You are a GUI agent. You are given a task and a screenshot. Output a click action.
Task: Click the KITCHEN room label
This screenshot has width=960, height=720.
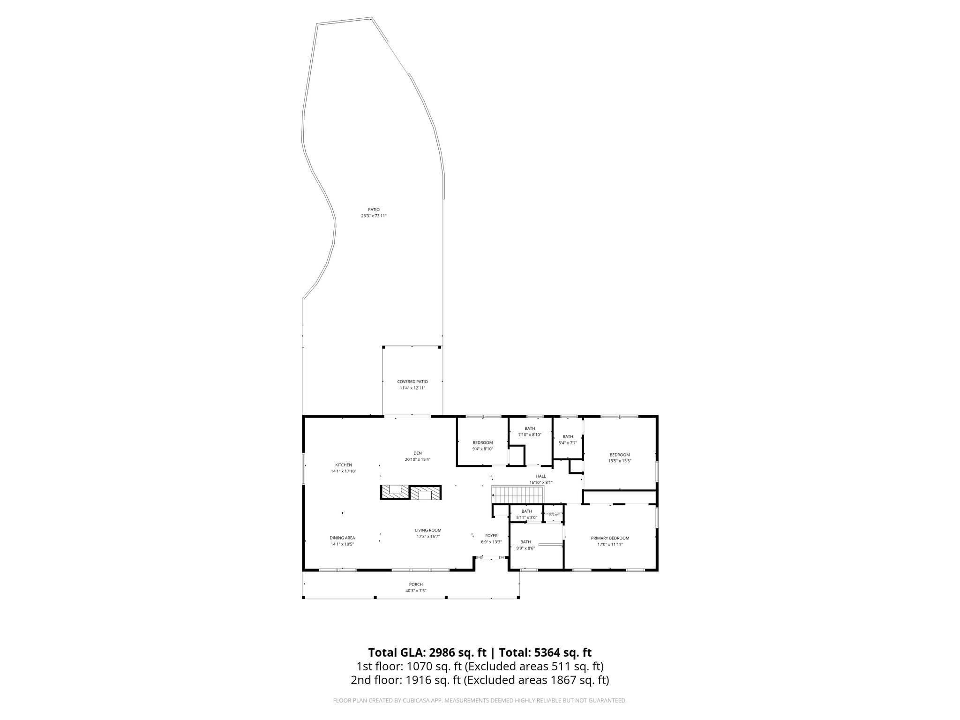(x=343, y=465)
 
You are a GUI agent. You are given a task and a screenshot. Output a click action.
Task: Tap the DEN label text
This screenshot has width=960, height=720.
(x=417, y=453)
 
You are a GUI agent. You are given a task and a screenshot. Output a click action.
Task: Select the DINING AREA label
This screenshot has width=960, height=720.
(x=342, y=538)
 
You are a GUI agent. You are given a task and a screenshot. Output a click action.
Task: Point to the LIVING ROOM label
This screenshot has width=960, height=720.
(x=428, y=530)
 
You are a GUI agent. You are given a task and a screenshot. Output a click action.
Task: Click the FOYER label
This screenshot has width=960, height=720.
(x=491, y=536)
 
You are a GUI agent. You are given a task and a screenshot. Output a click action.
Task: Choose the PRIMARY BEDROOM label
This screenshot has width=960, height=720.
(x=610, y=538)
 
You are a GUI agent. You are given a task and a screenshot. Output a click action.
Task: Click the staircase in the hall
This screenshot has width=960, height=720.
(x=517, y=495)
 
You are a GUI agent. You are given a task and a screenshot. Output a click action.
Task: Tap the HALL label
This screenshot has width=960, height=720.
(x=541, y=476)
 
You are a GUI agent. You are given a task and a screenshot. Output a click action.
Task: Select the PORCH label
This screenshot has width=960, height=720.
(x=416, y=584)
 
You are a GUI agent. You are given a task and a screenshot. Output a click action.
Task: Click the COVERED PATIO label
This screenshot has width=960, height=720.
(x=412, y=382)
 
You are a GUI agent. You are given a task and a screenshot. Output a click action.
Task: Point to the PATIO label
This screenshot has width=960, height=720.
(x=374, y=210)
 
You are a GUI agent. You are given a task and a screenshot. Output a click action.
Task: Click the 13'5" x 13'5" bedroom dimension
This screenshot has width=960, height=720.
(x=620, y=461)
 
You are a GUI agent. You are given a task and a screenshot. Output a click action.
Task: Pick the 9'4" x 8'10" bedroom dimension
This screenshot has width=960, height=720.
(x=482, y=449)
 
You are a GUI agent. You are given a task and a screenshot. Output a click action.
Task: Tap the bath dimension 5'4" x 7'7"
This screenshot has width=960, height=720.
(x=568, y=442)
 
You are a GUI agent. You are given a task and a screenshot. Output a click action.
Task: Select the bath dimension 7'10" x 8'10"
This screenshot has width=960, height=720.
(x=530, y=435)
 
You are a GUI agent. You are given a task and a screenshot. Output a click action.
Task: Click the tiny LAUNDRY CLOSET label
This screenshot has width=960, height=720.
(x=553, y=513)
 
